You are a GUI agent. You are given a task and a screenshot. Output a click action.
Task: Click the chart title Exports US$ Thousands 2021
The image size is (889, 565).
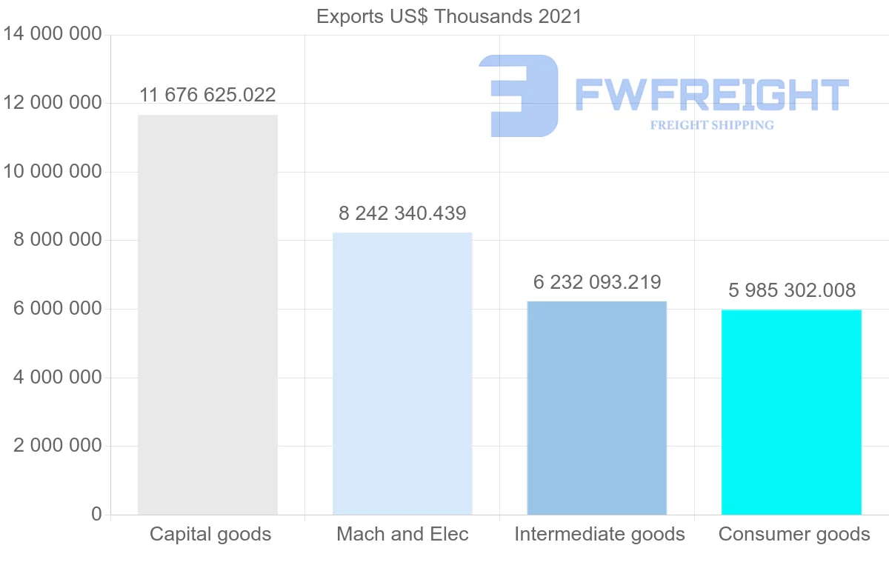pos(449,17)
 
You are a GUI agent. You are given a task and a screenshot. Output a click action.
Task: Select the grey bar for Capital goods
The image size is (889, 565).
pos(207,315)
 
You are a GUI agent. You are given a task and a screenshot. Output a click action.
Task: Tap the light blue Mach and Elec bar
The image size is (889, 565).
pos(402,374)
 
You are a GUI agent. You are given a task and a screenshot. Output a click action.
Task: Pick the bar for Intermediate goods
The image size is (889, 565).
pos(597,408)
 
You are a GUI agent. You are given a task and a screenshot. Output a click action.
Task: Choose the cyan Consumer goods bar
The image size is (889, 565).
pos(791,412)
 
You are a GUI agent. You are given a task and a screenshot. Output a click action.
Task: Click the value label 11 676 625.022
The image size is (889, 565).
pos(207,95)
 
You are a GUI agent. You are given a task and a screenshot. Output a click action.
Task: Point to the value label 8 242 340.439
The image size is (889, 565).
pos(402,213)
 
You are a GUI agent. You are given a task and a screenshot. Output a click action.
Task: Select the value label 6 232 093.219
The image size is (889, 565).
pos(597,282)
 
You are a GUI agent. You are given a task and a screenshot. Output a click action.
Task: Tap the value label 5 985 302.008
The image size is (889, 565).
pos(792,290)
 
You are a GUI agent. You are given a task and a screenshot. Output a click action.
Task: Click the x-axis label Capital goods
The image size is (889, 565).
pos(210,534)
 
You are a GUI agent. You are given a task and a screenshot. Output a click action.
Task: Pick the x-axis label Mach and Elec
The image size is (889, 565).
pos(402,534)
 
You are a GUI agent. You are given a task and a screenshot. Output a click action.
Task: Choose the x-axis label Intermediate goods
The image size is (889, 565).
pos(599,534)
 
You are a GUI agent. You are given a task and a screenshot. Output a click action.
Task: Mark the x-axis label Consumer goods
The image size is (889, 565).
pos(794,534)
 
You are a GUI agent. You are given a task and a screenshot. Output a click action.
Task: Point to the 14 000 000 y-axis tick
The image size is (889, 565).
pos(53,34)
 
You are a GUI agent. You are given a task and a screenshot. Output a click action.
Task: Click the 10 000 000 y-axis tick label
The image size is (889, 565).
pos(53,171)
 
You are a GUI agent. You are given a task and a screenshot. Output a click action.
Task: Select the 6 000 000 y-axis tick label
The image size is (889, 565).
pos(58,308)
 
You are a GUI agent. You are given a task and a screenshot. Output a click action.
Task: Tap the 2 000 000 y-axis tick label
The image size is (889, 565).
pos(58,445)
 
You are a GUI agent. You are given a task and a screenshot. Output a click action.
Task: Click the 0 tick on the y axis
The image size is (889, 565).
pos(96,514)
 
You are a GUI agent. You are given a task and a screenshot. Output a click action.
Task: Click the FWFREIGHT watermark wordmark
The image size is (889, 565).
pos(712,95)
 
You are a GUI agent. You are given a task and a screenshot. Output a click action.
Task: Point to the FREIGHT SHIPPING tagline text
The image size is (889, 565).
pos(712,125)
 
